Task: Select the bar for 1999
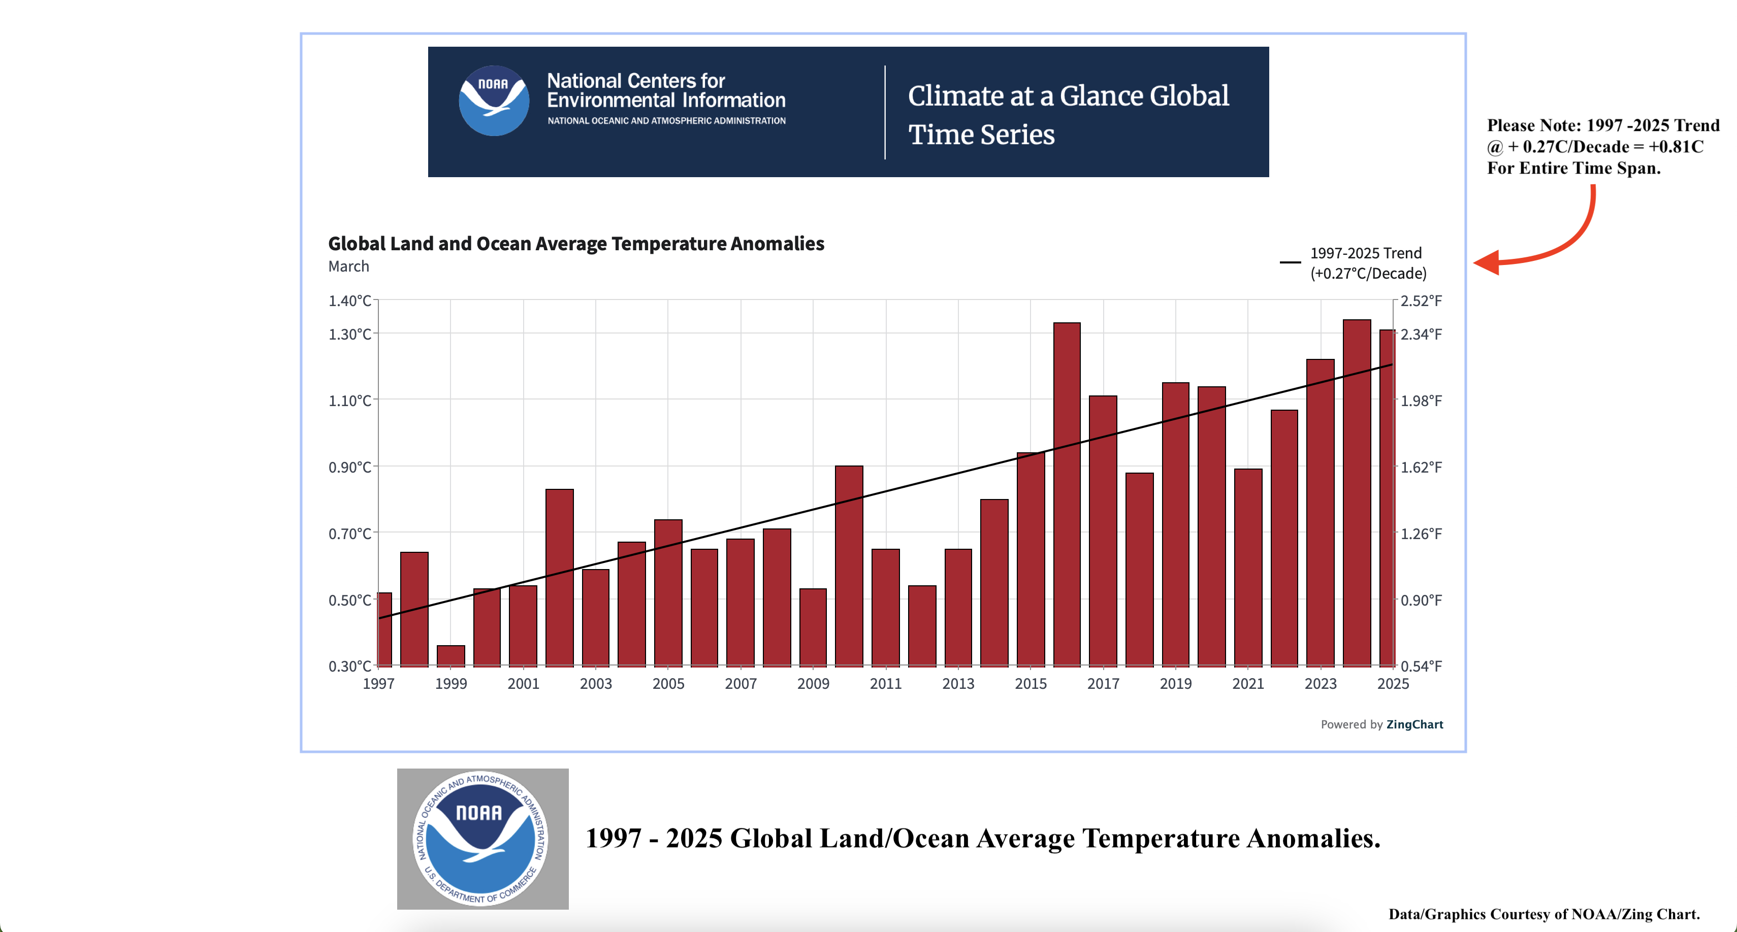coord(451,656)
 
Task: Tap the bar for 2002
coord(560,578)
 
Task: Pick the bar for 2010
coord(849,566)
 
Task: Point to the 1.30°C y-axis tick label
coord(350,334)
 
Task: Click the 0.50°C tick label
coord(350,601)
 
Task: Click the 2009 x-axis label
coord(813,684)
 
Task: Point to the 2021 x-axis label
coord(1248,684)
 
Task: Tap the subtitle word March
coord(348,266)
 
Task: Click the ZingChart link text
coord(1414,724)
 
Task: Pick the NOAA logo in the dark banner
coord(494,101)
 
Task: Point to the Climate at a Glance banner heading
coord(1068,115)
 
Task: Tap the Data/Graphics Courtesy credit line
coord(1544,914)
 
